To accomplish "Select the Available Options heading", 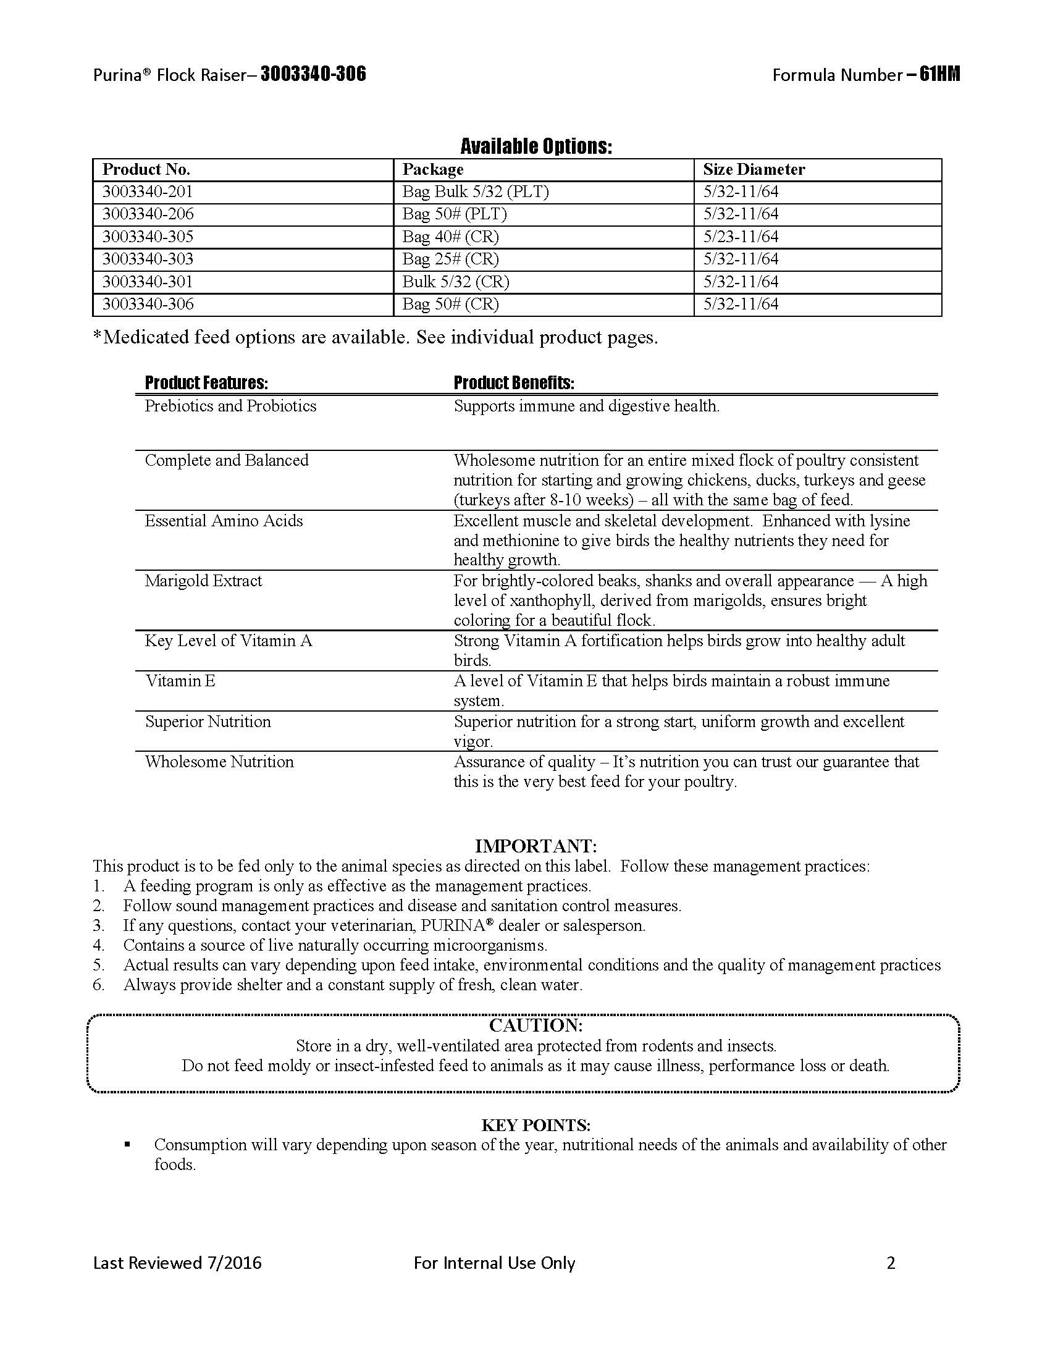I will pos(536,147).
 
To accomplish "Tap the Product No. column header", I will pos(146,170).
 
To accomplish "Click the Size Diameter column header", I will pos(754,170).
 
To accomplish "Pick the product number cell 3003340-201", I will pos(148,191).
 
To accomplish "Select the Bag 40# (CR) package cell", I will pos(450,237).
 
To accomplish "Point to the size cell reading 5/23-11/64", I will pos(741,237).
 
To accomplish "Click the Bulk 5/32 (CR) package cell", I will pos(455,282).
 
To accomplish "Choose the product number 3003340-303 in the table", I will pos(148,259).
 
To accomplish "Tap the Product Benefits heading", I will pos(514,383).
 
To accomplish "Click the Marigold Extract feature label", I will pos(203,581).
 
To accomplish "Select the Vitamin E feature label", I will pos(180,681).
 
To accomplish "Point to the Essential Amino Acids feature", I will pos(224,521).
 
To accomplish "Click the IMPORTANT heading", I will pos(536,846).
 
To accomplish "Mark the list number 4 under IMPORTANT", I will pos(98,946).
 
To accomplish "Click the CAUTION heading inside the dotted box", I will pos(536,1025).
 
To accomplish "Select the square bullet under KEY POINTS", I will pos(127,1143).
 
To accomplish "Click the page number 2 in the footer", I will pos(891,1263).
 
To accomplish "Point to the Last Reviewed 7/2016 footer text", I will pos(177,1263).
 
